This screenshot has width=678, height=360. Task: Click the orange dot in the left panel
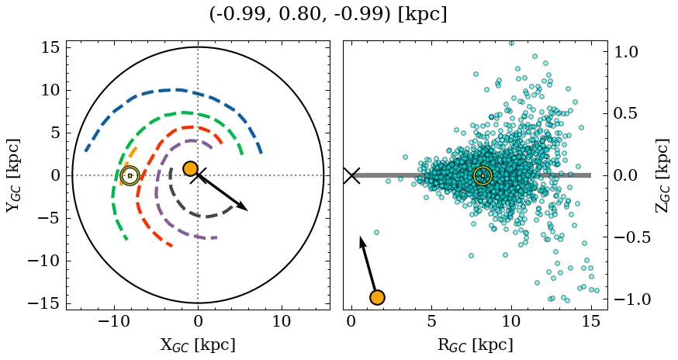point(190,168)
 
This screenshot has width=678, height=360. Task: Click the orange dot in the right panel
point(377,297)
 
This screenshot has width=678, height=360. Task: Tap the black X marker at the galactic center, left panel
point(198,175)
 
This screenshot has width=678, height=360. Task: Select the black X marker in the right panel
point(351,175)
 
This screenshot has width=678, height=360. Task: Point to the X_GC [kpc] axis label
point(198,344)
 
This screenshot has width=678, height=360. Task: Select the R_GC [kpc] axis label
point(475,344)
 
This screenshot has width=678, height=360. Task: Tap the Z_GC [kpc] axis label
point(661,175)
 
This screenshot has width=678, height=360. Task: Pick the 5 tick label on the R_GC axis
point(431,320)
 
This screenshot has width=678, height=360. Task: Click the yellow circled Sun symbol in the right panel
point(483,175)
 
